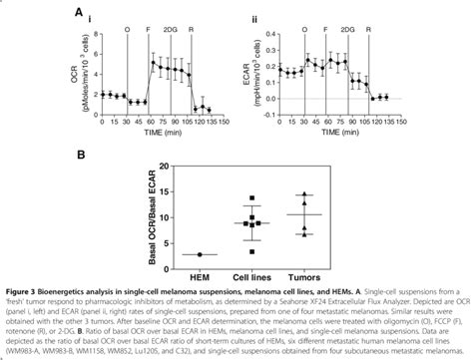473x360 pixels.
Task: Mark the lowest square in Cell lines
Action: pos(251,242)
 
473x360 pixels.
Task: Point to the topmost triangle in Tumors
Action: pos(305,195)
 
